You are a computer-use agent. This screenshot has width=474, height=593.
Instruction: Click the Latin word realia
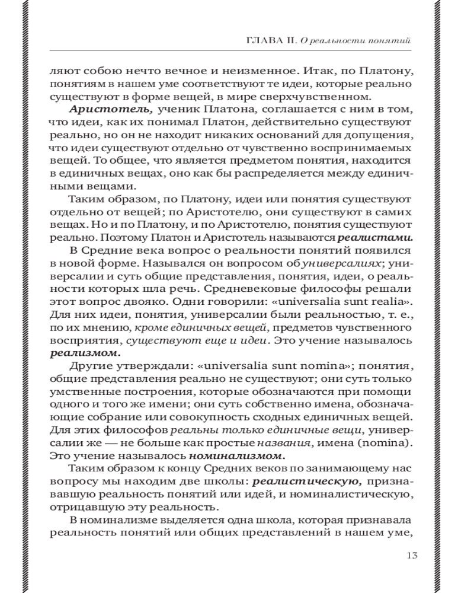pos(378,302)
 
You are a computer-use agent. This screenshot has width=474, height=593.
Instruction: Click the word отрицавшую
pos(79,509)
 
